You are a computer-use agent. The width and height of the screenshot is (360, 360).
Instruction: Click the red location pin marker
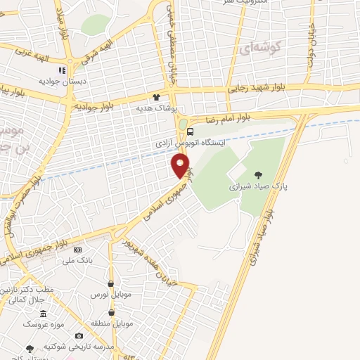pyautogui.click(x=181, y=165)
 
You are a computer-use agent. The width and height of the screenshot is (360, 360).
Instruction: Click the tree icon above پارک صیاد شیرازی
pyautogui.click(x=259, y=174)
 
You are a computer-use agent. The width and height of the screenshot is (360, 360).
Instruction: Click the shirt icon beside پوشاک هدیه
pyautogui.click(x=156, y=97)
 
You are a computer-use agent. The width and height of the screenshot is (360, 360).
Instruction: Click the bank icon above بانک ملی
pyautogui.click(x=77, y=250)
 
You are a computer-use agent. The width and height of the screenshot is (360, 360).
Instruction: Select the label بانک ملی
pyautogui.click(x=77, y=261)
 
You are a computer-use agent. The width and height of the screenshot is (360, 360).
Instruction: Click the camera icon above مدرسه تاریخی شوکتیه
pyautogui.click(x=78, y=336)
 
